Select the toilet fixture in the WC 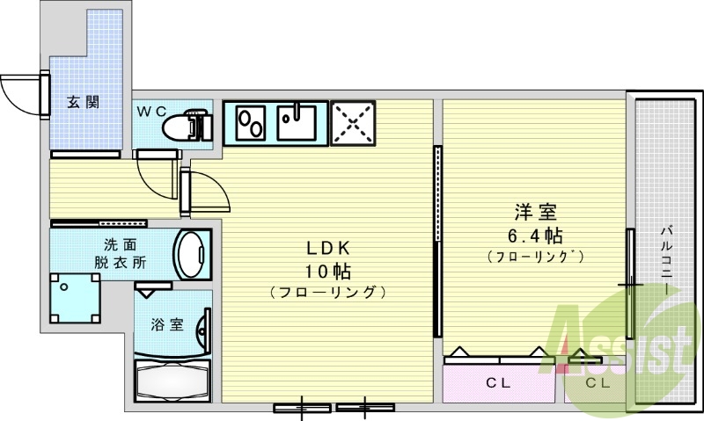(186, 126)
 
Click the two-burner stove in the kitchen (250, 121)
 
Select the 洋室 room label (535, 213)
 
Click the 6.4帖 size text (535, 235)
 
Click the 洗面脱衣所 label (121, 253)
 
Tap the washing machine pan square (73, 298)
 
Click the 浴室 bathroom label (166, 324)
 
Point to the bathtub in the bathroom (172, 381)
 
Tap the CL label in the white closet (598, 383)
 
